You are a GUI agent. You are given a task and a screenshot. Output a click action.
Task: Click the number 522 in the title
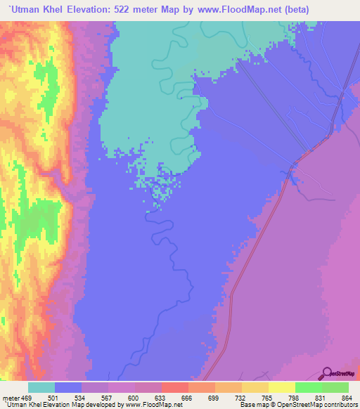tap(142, 9)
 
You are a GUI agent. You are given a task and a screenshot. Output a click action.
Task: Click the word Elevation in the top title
tap(101, 9)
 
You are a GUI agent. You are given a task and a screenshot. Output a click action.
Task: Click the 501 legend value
tap(53, 397)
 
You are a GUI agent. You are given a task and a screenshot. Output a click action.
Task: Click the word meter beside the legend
tap(12, 397)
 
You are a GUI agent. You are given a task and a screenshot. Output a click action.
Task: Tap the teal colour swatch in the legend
tap(41, 387)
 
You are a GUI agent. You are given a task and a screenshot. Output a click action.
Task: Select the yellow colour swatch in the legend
tap(282, 387)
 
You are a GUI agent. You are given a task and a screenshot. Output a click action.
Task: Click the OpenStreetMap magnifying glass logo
tap(327, 373)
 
